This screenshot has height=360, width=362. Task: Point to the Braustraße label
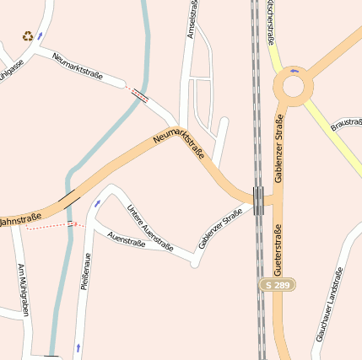pyautogui.click(x=346, y=124)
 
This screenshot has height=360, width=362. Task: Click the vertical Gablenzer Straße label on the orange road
pyautogui.click(x=279, y=148)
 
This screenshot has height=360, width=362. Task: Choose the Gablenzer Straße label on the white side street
pyautogui.click(x=220, y=228)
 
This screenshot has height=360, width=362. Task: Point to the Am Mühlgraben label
pyautogui.click(x=24, y=290)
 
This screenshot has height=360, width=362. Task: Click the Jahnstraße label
pyautogui.click(x=19, y=222)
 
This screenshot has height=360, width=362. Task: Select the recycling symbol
pyautogui.click(x=29, y=36)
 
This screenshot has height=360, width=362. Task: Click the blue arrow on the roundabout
pyautogui.click(x=294, y=70)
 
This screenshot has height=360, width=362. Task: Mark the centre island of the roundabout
pyautogui.click(x=294, y=86)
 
